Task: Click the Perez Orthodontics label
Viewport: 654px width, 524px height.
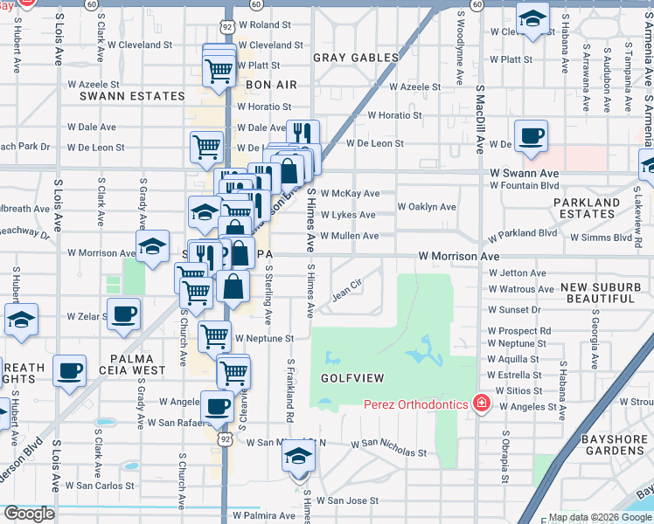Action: (x=416, y=404)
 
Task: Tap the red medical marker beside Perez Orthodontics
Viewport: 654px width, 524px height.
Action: (x=480, y=403)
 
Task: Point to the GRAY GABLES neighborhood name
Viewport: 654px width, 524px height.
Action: (x=356, y=58)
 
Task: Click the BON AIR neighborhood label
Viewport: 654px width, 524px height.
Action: (x=271, y=85)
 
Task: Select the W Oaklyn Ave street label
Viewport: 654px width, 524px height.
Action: (x=427, y=207)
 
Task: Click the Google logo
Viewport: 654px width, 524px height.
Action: (x=28, y=513)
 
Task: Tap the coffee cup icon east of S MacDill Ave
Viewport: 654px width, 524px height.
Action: (x=531, y=136)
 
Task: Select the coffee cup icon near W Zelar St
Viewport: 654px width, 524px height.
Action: (x=123, y=313)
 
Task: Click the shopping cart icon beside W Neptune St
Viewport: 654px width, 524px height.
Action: (x=214, y=335)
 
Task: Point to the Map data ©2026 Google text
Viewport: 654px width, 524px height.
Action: (x=600, y=517)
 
